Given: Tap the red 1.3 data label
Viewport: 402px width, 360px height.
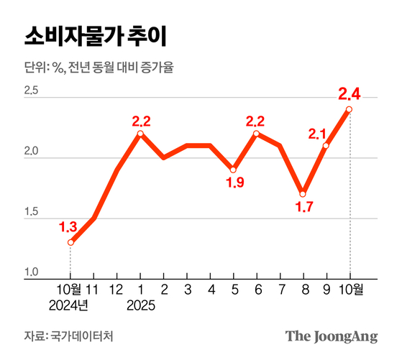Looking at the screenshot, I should (x=69, y=227).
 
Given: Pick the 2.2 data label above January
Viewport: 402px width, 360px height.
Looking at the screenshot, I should (x=142, y=120).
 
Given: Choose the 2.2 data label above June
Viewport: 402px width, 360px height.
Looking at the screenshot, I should (x=257, y=120).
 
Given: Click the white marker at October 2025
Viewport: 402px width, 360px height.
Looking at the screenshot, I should (x=350, y=109).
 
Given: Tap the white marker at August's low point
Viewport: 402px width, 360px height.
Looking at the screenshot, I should (x=303, y=194).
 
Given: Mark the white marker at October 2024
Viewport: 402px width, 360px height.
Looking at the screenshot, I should (x=70, y=242).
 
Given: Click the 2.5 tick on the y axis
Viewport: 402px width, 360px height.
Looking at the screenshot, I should (x=31, y=91).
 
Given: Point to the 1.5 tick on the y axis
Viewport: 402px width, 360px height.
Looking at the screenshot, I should (x=31, y=213).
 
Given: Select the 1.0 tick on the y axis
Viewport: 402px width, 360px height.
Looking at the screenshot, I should (x=31, y=272).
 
